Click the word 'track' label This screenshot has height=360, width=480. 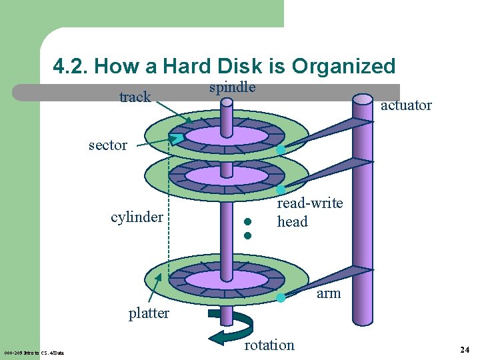135,97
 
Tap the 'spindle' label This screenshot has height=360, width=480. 232,87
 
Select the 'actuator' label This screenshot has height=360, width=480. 406,105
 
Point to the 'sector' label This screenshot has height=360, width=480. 107,145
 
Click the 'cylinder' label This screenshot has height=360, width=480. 137,217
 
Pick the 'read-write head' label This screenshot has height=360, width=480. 309,212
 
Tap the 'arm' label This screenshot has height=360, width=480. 329,293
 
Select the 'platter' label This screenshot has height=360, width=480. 149,313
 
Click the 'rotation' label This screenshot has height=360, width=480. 269,345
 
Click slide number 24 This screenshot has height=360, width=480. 465,349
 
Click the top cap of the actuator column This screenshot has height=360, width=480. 363,99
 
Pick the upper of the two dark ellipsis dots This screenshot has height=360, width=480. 247,222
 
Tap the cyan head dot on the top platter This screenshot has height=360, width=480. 281,150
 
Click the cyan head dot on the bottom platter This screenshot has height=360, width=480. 281,298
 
